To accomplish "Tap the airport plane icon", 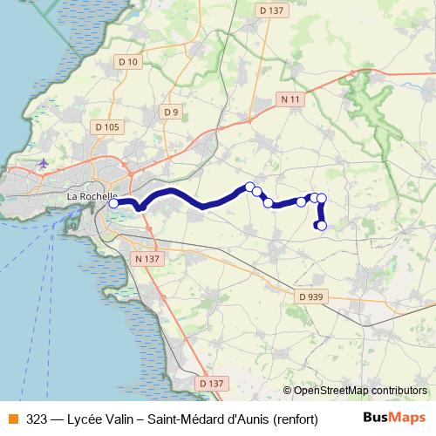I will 44,162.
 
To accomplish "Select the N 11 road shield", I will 290,99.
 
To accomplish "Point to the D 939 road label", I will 310,296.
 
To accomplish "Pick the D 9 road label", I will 171,112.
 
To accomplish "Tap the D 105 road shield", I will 106,127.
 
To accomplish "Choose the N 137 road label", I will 147,259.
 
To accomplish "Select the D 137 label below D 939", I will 212,383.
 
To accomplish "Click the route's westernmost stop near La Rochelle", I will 113,204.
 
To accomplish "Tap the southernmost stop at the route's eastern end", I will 321,226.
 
